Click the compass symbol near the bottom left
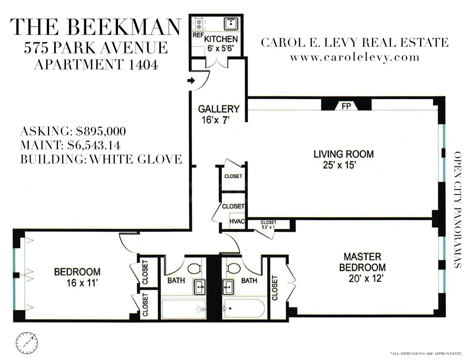coord(27,342)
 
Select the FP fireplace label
coord(346,106)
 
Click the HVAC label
coord(237,221)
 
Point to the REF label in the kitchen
coord(197,35)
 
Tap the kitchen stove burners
coord(199,25)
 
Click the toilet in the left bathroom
coord(194,269)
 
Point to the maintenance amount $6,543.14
coord(94,145)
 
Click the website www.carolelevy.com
coord(354,57)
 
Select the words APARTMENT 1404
coord(96,64)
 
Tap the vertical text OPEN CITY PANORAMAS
coord(458,210)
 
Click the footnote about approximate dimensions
coord(426,354)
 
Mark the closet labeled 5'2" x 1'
coord(269,225)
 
